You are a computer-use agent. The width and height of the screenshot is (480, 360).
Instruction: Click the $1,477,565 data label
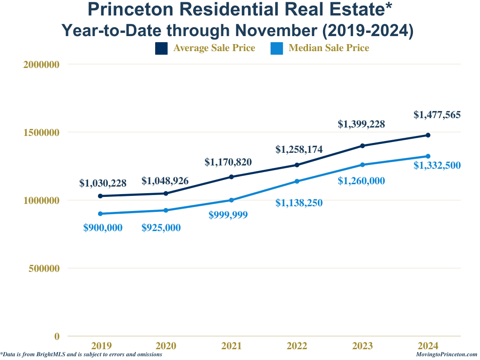coord(437,114)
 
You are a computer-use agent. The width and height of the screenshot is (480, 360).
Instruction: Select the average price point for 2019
coord(100,196)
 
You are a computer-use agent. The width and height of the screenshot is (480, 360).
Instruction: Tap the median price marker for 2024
coord(428,156)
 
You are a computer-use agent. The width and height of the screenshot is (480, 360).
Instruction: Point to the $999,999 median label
coord(228,215)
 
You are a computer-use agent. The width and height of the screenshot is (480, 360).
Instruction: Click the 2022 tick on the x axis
coord(297,346)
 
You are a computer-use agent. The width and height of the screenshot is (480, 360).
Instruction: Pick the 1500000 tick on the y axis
coord(41,133)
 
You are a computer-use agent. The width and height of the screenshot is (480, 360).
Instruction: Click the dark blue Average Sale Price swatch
coord(161,48)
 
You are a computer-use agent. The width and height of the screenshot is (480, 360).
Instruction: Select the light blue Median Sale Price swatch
coord(277,48)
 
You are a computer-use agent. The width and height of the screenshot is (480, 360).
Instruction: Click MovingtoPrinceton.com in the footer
coord(446,355)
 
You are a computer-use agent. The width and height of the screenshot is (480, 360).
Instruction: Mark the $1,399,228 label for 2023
coord(361,124)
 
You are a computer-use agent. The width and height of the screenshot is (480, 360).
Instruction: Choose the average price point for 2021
coord(232,177)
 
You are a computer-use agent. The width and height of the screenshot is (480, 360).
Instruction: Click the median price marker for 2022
coord(297,181)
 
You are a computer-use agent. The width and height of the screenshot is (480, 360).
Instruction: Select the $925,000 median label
coord(161,228)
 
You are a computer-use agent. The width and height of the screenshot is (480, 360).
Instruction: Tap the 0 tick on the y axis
coord(57,336)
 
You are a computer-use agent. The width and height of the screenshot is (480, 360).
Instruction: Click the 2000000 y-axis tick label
coord(41,65)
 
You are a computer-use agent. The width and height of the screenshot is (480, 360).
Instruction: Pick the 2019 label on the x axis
coord(101,346)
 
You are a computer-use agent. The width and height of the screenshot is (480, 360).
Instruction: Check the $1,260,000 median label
coord(361,181)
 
